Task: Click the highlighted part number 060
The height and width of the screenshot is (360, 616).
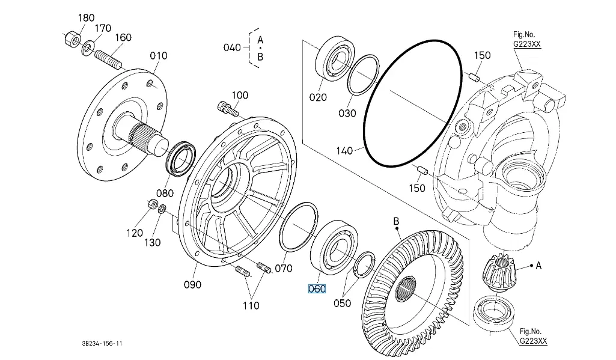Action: tap(317, 289)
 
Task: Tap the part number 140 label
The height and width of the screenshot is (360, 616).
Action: tap(344, 151)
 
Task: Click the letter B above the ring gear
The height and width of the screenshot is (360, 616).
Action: tap(396, 222)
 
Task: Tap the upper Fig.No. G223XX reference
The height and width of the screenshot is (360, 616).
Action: tap(527, 39)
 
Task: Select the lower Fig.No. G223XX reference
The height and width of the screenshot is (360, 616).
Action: tap(534, 337)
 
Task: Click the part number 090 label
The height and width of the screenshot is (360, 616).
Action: tap(192, 284)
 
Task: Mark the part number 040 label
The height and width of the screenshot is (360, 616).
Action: tap(231, 48)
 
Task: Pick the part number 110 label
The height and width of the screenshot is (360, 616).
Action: tap(251, 305)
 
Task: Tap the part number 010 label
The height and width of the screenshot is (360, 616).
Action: tap(159, 56)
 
